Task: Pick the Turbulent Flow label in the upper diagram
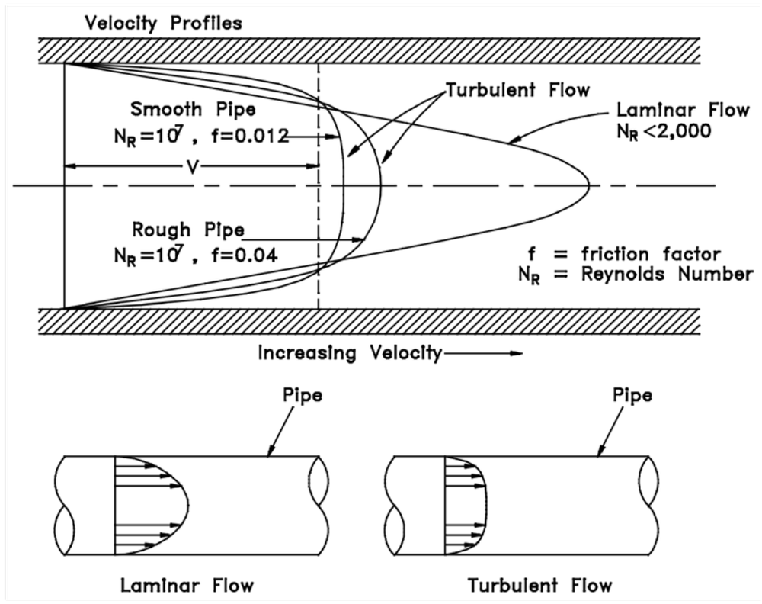(x=518, y=90)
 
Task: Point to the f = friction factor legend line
(x=624, y=254)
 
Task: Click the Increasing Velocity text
(x=350, y=353)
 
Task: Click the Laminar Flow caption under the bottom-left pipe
(x=187, y=586)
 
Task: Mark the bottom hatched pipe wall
(x=367, y=321)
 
